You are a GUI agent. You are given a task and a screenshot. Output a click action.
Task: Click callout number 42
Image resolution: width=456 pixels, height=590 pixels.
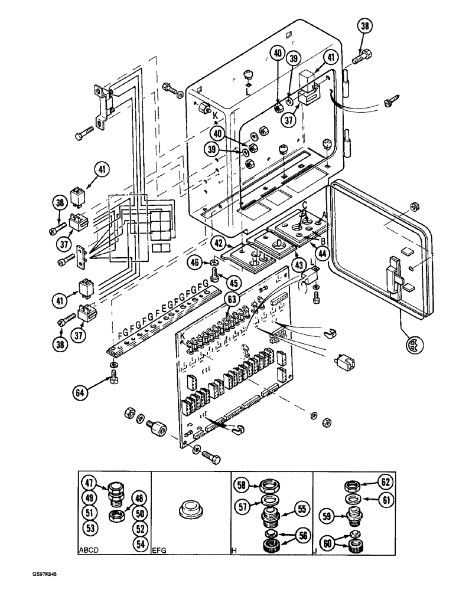tap(218, 242)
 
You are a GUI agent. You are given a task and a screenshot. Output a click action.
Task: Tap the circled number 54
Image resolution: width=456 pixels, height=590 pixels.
tap(140, 544)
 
